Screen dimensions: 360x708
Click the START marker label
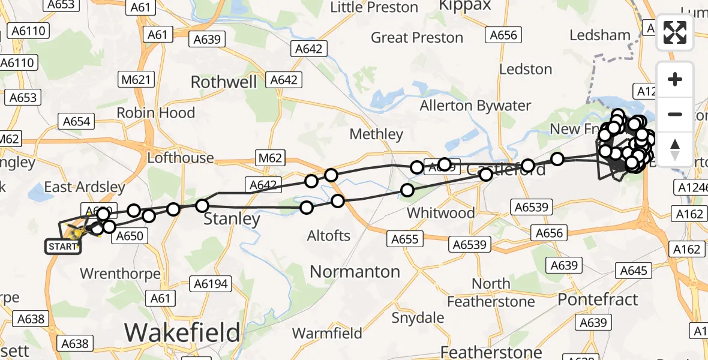pyautogui.click(x=63, y=247)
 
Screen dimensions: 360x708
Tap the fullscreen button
pyautogui.click(x=675, y=33)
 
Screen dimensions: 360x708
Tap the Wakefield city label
pyautogui.click(x=182, y=332)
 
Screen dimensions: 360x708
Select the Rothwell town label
pyautogui.click(x=224, y=82)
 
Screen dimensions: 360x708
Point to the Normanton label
pyautogui.click(x=355, y=272)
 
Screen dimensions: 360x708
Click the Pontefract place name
pyautogui.click(x=598, y=299)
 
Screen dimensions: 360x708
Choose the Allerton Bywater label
pyautogui.click(x=475, y=106)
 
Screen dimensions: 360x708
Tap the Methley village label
pyautogui.click(x=376, y=134)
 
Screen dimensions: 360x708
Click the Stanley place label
pyautogui.click(x=232, y=219)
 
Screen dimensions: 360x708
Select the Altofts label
pyautogui.click(x=328, y=235)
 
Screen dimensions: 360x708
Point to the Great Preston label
pyautogui.click(x=417, y=38)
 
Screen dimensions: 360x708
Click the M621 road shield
pyautogui.click(x=137, y=79)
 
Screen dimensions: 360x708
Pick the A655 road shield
pyautogui.click(x=405, y=239)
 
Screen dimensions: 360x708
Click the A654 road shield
pyautogui.click(x=77, y=122)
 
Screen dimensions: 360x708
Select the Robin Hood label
pyautogui.click(x=155, y=112)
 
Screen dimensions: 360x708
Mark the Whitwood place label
pyautogui.click(x=440, y=213)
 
